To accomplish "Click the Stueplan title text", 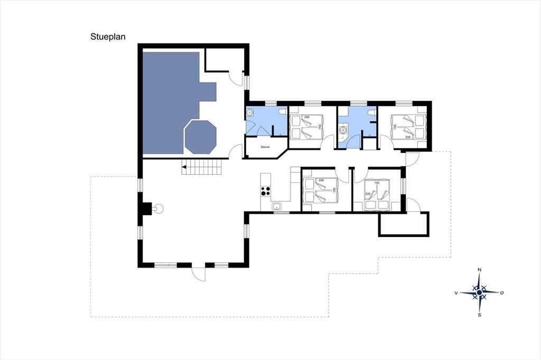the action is [x=108, y=36].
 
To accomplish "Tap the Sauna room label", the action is [x=265, y=147].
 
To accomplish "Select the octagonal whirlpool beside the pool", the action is [x=200, y=137].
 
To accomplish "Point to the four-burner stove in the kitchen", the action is [x=265, y=191].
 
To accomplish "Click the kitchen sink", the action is [x=276, y=206].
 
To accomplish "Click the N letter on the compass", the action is [x=479, y=270].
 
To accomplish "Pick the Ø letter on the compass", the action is [x=502, y=293].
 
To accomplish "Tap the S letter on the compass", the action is [x=479, y=315].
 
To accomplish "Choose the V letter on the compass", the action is [x=456, y=293].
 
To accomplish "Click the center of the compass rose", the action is [x=479, y=293].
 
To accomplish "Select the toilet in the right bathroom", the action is [x=372, y=113].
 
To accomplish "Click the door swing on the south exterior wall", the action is [x=199, y=274].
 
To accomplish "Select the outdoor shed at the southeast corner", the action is [x=404, y=224].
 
